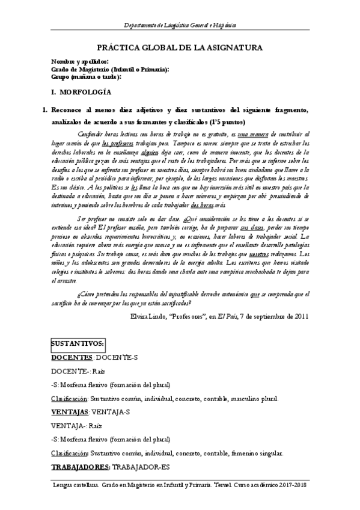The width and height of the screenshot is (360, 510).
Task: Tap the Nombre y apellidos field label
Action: click(80, 62)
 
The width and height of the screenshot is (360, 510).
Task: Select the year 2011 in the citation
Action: click(301, 316)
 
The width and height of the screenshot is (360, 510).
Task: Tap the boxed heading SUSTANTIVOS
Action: click(78, 344)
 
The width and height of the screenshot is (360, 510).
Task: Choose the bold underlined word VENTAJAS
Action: click(70, 412)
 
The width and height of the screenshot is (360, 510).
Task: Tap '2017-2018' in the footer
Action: click(292, 485)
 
